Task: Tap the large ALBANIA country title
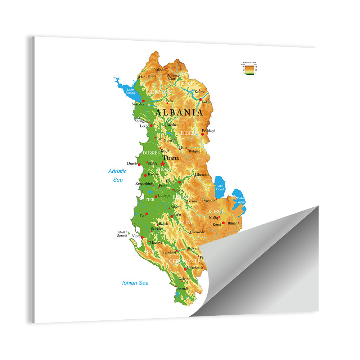179,112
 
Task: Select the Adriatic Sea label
117,175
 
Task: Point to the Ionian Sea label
135,283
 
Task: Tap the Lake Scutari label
130,91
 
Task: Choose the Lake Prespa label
240,200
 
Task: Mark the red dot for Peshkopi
202,134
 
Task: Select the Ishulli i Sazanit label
122,234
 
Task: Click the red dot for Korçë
223,223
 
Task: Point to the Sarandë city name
182,289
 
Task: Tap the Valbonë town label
160,69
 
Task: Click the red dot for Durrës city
139,164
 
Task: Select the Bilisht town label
233,223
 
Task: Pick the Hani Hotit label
148,77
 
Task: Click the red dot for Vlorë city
143,237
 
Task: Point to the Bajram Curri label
172,77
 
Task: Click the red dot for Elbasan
180,182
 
